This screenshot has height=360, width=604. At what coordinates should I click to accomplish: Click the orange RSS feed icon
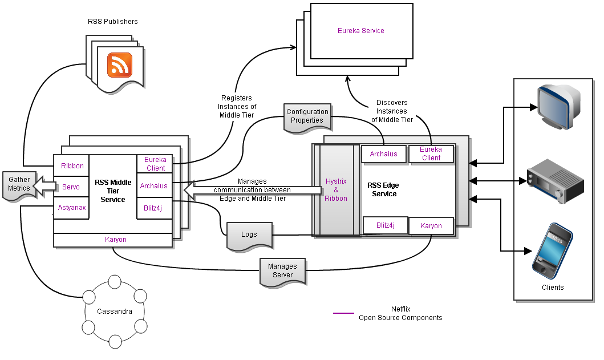(120, 64)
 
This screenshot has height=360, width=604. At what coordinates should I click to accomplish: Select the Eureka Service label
(361, 30)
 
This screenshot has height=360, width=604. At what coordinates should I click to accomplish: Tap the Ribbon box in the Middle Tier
(72, 166)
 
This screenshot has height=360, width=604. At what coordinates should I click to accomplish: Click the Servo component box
(71, 187)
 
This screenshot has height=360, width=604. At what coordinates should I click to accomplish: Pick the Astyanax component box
(72, 208)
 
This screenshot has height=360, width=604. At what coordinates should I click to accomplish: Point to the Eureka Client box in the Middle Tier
(155, 164)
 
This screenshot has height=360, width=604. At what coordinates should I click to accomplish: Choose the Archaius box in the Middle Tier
(154, 185)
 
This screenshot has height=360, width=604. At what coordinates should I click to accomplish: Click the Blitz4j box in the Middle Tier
(154, 208)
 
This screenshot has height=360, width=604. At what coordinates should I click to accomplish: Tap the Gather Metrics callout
(19, 184)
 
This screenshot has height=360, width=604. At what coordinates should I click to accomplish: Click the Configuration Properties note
(307, 116)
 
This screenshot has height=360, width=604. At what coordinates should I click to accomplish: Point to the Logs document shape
(249, 234)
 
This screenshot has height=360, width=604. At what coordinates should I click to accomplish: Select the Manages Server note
(282, 270)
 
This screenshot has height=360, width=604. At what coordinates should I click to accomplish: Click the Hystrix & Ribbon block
(336, 189)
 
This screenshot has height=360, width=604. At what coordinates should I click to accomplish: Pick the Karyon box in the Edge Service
(431, 226)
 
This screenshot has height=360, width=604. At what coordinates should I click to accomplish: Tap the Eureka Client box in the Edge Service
(431, 154)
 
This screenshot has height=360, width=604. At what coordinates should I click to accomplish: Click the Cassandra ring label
(115, 312)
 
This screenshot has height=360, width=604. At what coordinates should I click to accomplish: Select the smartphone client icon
(552, 250)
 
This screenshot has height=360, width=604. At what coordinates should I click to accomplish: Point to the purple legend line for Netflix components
(343, 313)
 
